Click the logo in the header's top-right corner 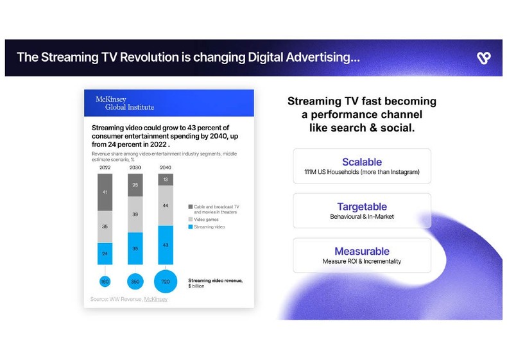[x=484, y=58]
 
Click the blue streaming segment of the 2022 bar [x=105, y=253]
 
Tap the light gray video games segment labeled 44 [x=166, y=205]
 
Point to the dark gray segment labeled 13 [x=166, y=179]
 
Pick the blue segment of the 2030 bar [x=135, y=248]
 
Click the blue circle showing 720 [x=166, y=282]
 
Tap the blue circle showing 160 [x=105, y=281]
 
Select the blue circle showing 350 [x=135, y=281]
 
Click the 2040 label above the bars [x=166, y=167]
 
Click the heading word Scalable [x=362, y=162]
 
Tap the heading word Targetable [x=362, y=207]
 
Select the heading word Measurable [x=362, y=252]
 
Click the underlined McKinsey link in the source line [x=155, y=299]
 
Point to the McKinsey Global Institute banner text [x=125, y=103]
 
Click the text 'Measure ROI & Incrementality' [x=362, y=262]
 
